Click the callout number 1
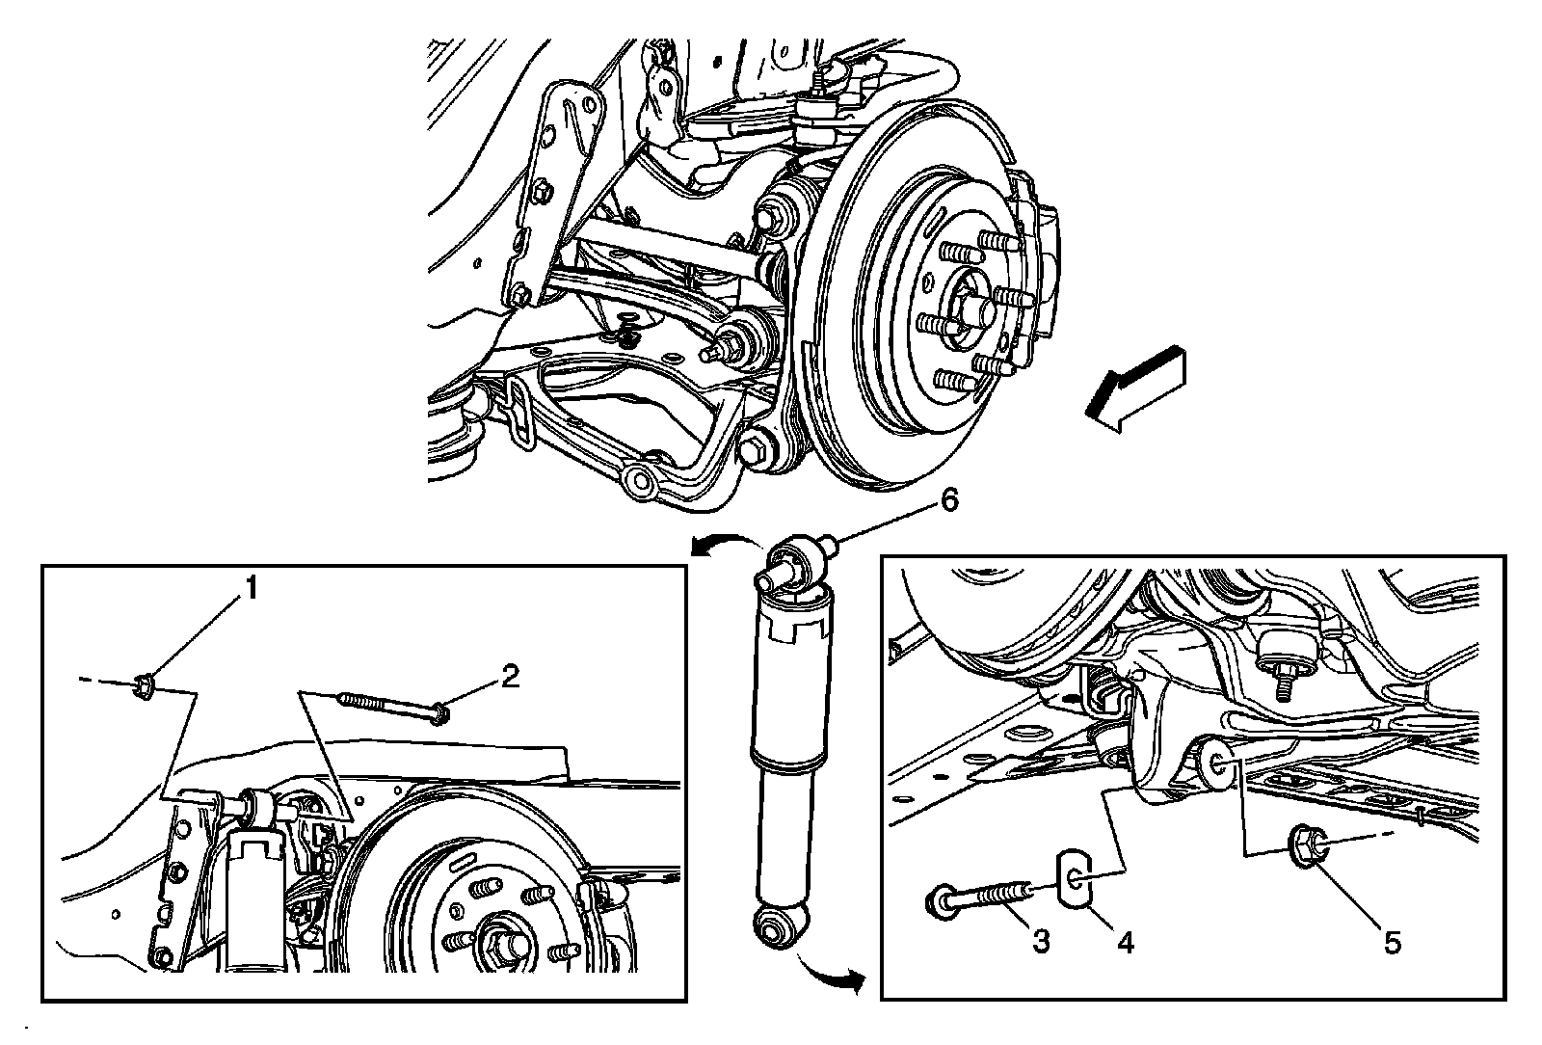[252, 589]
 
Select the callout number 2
[510, 676]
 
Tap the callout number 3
[1041, 940]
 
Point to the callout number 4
[1125, 942]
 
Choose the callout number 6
[949, 501]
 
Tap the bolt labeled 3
[978, 898]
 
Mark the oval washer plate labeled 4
[1074, 878]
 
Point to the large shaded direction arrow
[1136, 389]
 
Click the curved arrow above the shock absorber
[726, 543]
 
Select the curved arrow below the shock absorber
[830, 974]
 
